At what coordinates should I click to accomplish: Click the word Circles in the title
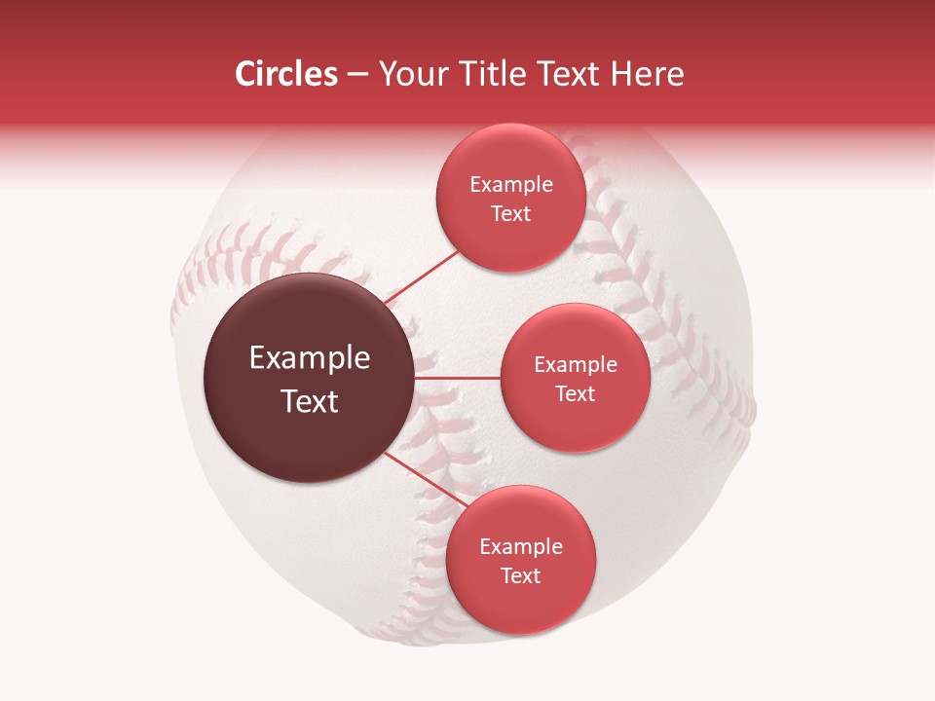point(286,74)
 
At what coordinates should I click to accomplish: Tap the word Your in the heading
point(408,74)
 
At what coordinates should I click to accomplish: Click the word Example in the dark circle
point(310,358)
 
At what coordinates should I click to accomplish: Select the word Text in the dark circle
point(310,401)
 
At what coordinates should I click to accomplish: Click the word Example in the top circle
point(511,185)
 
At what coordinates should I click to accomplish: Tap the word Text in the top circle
point(511,214)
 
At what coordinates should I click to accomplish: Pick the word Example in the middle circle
point(576,365)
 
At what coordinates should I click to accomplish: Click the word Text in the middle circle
point(576,394)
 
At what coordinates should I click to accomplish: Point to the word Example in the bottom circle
point(521,547)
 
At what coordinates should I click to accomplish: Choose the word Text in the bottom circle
point(521,576)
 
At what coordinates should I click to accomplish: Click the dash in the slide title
point(357,75)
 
